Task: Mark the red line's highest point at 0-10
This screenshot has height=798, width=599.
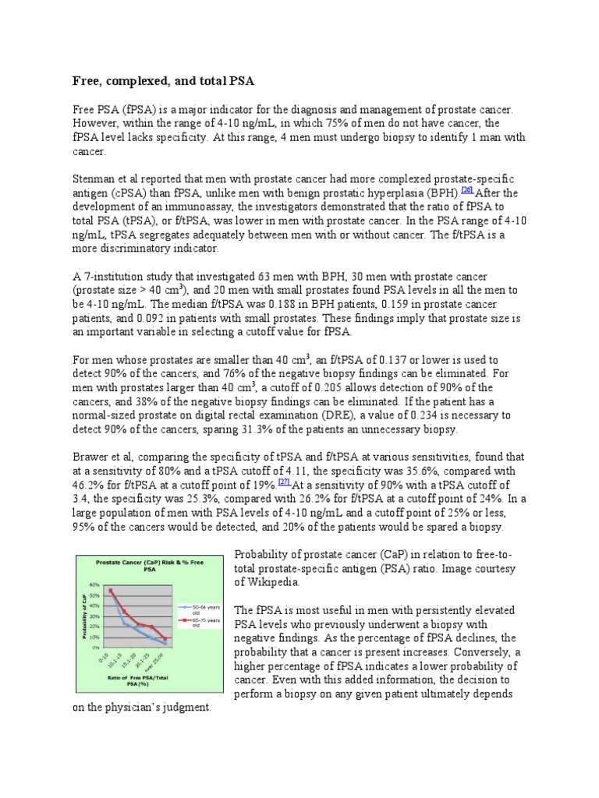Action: [112, 590]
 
